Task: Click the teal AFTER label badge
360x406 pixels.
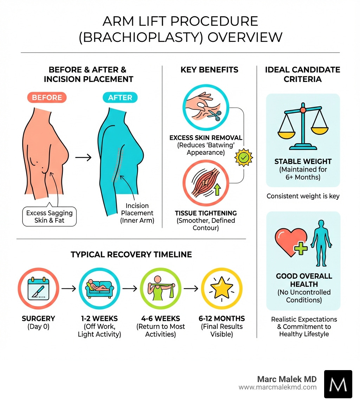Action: tap(120, 97)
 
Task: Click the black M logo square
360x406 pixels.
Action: tap(338, 384)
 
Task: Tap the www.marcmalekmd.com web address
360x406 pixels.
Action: tap(278, 387)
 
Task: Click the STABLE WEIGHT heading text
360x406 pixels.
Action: tap(303, 162)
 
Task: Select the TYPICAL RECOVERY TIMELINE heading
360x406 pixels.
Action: tap(131, 254)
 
